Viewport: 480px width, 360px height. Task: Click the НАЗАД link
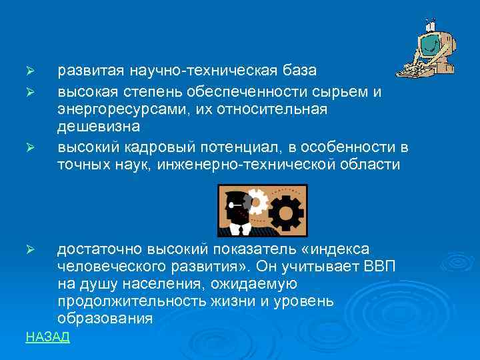click(47, 337)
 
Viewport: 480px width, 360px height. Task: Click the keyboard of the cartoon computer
click(413, 69)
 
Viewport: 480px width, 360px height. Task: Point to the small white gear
click(257, 200)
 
